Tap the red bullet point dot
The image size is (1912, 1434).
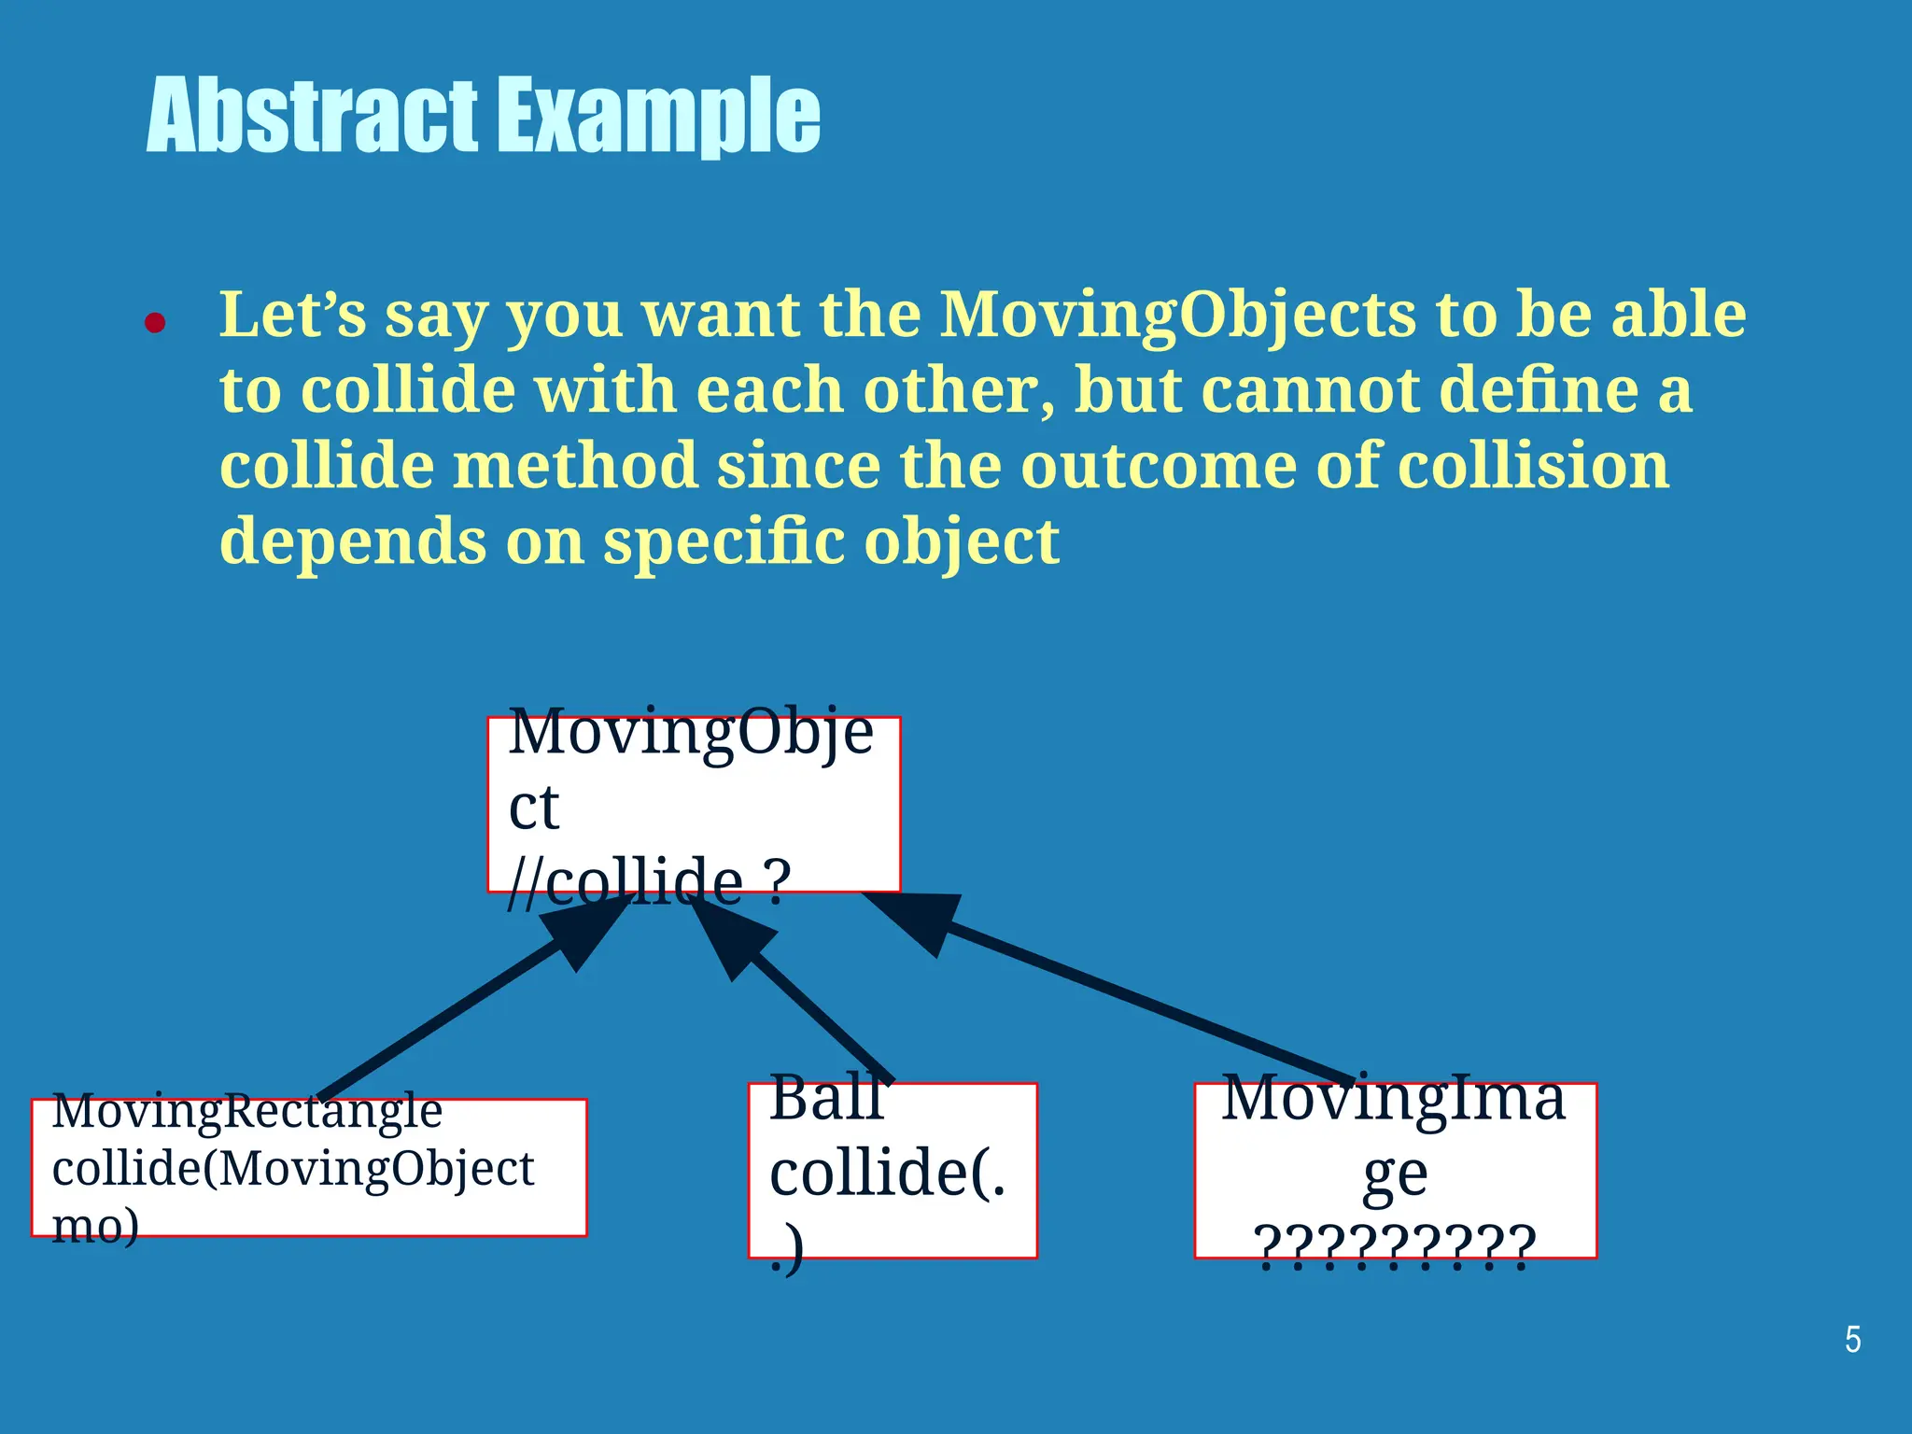click(155, 324)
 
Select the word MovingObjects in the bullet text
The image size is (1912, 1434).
click(1178, 315)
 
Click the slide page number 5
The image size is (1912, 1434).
click(1852, 1340)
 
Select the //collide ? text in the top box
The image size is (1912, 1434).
click(649, 881)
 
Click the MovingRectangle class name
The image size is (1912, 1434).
click(247, 1111)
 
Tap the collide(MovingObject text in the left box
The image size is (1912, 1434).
click(293, 1169)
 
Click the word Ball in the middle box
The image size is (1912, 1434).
click(826, 1098)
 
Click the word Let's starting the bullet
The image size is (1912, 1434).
click(292, 315)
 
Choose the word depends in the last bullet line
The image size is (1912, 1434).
click(353, 541)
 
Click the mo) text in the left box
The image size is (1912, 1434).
click(95, 1225)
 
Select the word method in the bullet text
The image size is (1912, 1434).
click(575, 465)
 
